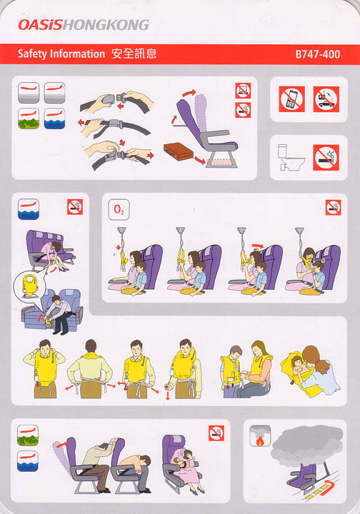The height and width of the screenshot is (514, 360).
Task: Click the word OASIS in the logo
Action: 40,25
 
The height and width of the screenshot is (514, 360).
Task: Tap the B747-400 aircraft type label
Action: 318,54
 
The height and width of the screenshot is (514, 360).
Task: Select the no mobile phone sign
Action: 292,99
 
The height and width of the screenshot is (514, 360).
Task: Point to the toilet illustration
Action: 291,157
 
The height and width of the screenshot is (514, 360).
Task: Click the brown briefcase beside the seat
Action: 179,151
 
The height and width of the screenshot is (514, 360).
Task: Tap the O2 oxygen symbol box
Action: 119,209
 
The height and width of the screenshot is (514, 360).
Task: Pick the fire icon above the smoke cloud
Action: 260,436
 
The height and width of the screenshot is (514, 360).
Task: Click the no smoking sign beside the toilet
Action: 326,158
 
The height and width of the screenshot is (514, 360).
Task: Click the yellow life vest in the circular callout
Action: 30,285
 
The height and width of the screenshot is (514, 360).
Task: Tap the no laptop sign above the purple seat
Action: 243,91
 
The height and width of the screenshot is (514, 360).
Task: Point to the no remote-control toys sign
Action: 326,99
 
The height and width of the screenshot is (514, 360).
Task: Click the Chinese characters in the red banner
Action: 134,54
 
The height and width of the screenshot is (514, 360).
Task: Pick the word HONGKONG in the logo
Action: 106,25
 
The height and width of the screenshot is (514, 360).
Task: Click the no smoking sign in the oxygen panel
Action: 333,208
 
